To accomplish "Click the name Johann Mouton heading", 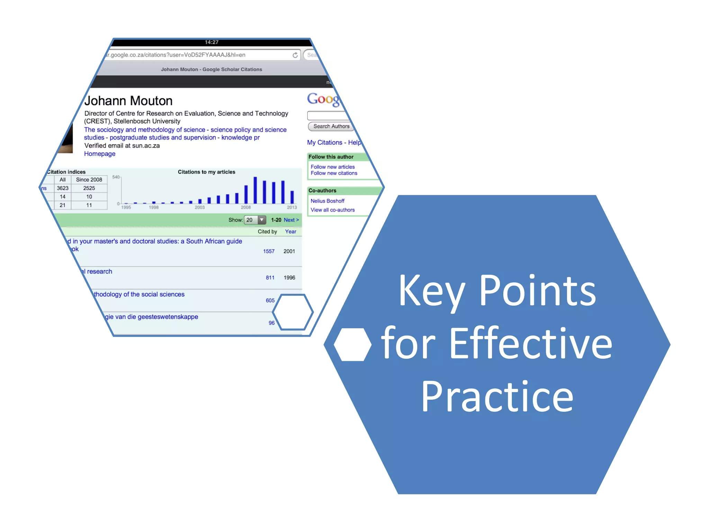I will (x=128, y=101).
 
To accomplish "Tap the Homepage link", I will (x=100, y=154).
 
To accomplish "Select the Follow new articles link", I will (x=332, y=167).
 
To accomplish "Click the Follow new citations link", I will (x=334, y=173).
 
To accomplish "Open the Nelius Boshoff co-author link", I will (x=327, y=201).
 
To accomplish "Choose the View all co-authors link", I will (x=332, y=210).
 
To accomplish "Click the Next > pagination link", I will (x=291, y=220).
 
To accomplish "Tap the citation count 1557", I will (x=269, y=251).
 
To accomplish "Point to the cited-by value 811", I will (x=270, y=278).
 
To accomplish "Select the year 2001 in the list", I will (x=289, y=251).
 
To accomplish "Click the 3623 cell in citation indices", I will (x=63, y=188).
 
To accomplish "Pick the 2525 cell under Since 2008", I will (x=89, y=188).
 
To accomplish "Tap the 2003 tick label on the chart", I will (x=200, y=207).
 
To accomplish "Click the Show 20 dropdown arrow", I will (x=262, y=220).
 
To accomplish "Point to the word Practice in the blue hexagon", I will (x=497, y=397).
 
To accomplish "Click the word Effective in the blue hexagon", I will (x=531, y=344).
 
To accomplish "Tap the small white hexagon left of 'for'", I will (x=352, y=345).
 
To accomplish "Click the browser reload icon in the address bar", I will (x=295, y=55).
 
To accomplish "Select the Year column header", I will (x=290, y=232).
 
